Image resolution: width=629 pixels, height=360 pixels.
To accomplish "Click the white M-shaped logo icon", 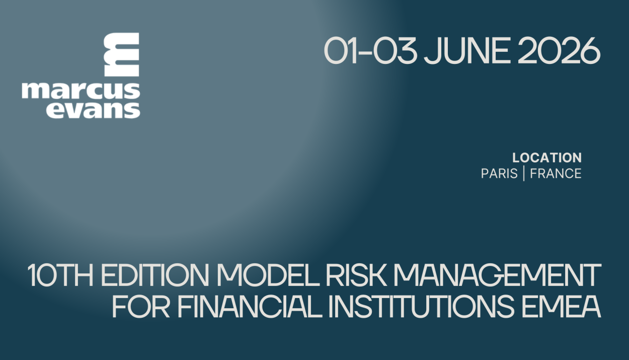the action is [122, 54].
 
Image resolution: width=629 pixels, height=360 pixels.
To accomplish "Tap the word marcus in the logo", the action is [81, 91].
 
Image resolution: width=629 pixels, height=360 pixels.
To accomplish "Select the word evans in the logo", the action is [93, 110].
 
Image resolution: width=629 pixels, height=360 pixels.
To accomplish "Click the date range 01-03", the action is [370, 51].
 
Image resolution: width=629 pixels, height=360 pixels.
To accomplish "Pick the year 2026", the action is [559, 51].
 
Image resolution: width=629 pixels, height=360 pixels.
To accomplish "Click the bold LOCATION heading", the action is [547, 158].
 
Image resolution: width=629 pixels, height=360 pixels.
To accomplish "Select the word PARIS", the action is [499, 173].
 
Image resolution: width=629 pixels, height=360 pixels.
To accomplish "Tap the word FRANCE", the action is [556, 173].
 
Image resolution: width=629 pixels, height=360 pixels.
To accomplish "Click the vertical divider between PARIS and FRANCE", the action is [524, 174].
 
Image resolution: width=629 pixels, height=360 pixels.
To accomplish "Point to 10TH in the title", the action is [60, 275].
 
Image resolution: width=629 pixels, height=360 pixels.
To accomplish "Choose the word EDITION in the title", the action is [155, 275].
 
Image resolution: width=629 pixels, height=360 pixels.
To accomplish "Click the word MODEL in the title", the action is [268, 275].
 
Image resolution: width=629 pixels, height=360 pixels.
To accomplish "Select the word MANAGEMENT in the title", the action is [497, 275].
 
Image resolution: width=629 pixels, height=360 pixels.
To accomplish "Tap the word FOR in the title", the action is [141, 306].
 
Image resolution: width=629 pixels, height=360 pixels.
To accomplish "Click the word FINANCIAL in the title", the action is [250, 306].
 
